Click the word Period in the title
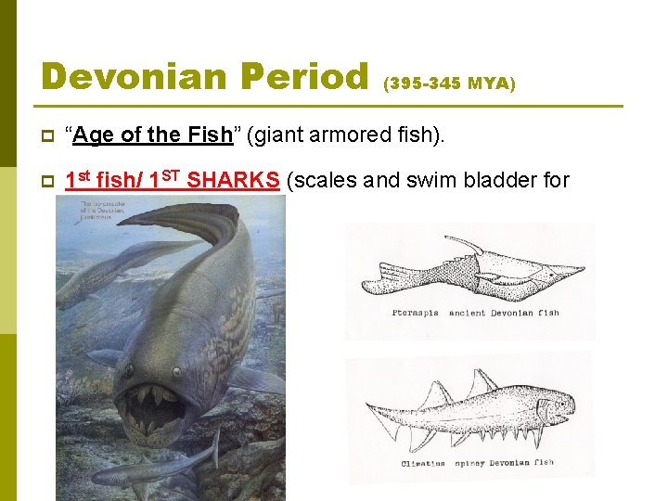[x=308, y=76]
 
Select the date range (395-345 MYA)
[x=449, y=83]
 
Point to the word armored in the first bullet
[x=353, y=135]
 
